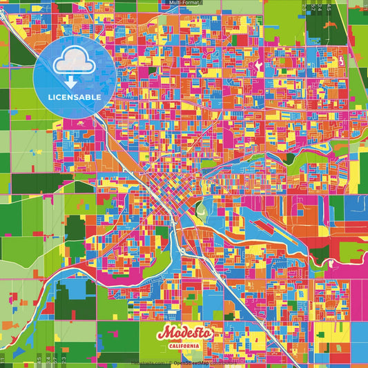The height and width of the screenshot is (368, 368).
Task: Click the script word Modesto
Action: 184,333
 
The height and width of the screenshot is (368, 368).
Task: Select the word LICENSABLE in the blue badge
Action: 75,97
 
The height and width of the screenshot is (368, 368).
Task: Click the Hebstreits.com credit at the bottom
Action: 146,362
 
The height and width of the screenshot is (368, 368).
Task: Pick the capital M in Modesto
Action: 164,333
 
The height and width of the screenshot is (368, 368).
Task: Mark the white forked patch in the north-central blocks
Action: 260,68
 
